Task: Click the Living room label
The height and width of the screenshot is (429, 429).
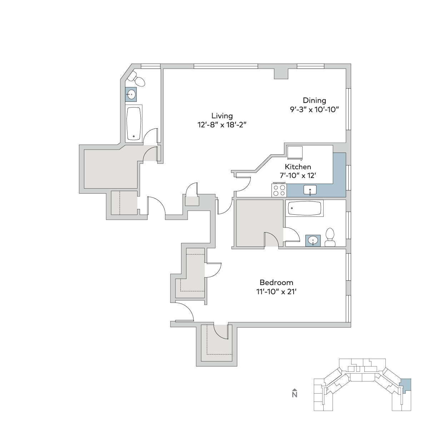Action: click(222, 116)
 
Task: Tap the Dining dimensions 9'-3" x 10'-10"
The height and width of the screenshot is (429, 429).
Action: click(314, 110)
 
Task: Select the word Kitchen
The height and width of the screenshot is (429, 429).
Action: click(298, 167)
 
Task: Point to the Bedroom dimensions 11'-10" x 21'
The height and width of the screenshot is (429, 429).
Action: click(276, 291)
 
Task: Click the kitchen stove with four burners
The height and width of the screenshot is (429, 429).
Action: click(279, 190)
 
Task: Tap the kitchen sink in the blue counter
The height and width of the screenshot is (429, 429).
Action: click(310, 190)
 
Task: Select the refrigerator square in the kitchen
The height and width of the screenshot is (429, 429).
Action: click(295, 153)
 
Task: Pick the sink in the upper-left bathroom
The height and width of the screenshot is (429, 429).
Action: click(131, 94)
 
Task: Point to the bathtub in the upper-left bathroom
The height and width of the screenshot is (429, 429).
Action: click(134, 124)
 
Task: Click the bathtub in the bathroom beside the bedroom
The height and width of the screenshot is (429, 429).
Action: click(304, 208)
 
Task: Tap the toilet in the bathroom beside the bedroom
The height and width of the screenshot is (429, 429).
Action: click(330, 237)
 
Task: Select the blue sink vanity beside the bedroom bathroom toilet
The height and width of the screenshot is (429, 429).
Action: click(313, 241)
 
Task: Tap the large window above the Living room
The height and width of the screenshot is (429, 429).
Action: click(226, 66)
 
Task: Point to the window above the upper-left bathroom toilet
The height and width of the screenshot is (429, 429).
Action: click(150, 66)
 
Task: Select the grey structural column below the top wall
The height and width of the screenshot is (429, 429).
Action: click(281, 74)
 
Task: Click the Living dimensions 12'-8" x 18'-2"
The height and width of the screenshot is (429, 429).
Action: click(222, 125)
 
